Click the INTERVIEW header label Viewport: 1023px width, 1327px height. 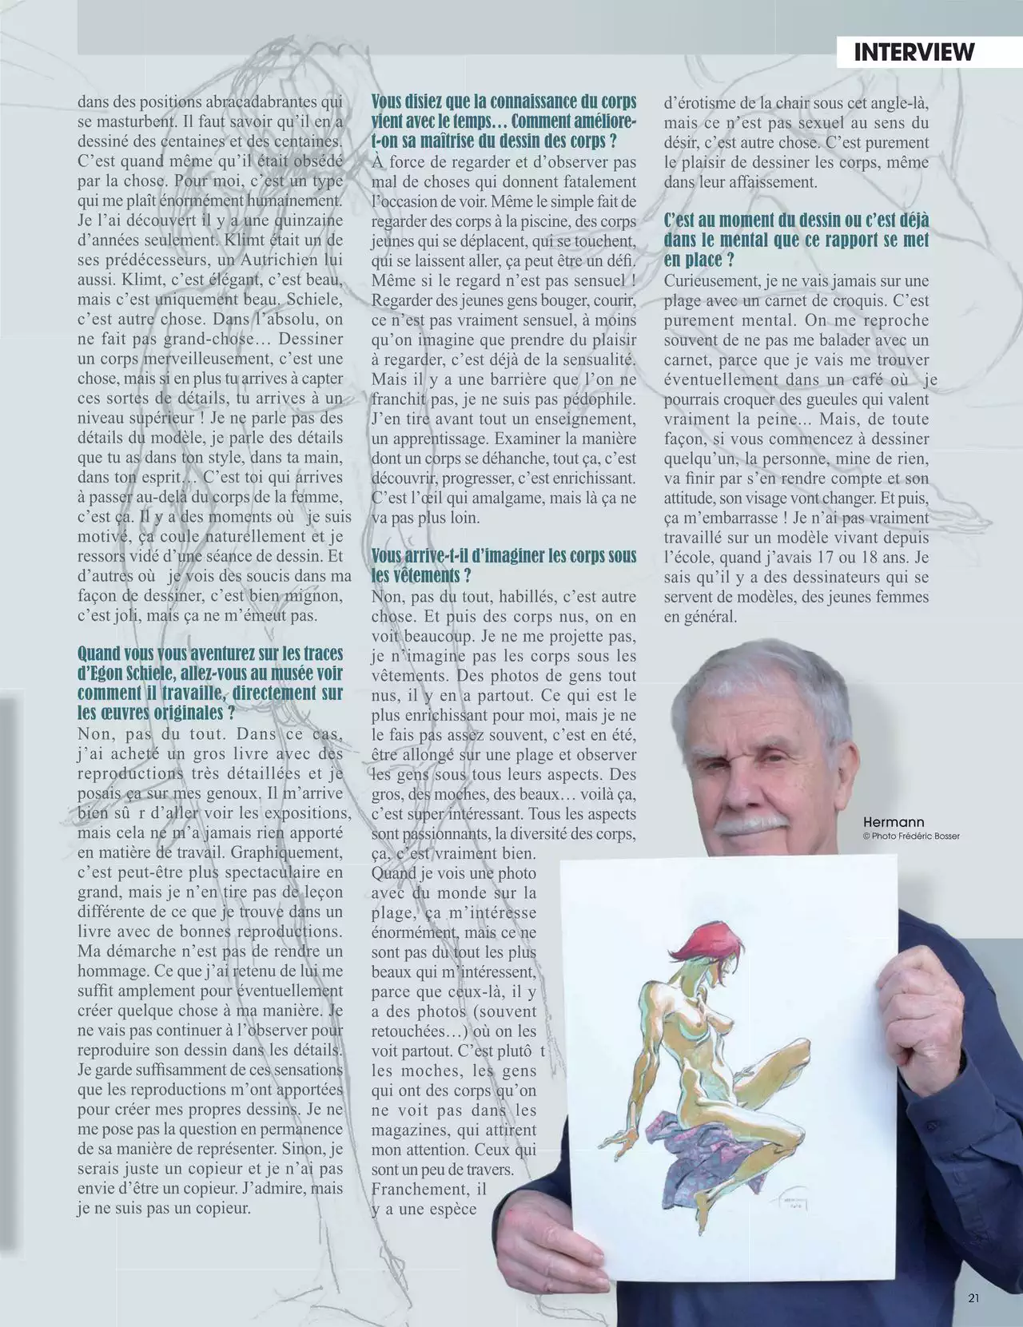click(x=914, y=52)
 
